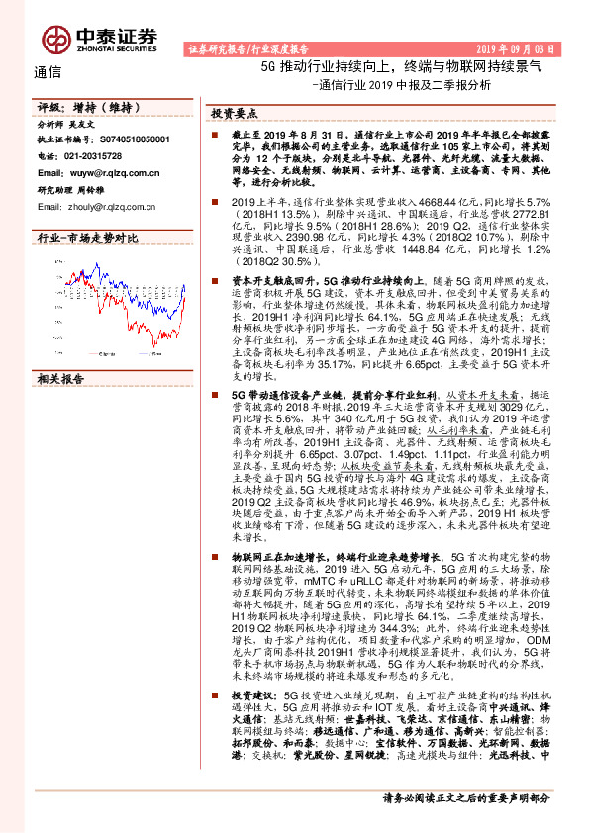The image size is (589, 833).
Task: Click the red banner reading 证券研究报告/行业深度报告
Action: [246, 47]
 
